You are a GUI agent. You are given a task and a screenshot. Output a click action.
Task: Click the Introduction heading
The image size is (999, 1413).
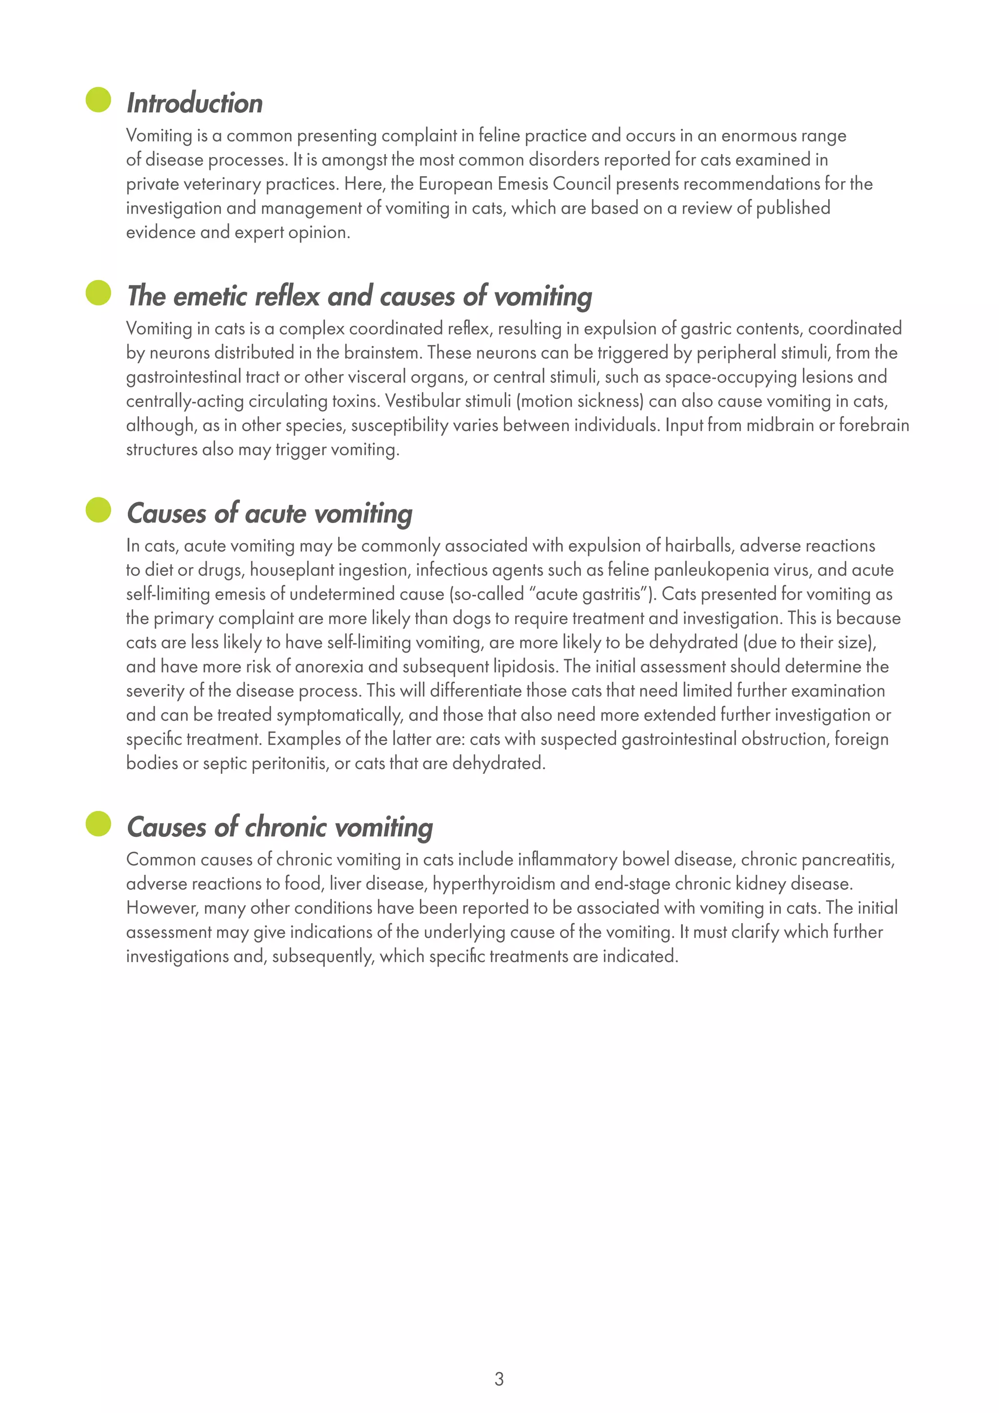pos(195,103)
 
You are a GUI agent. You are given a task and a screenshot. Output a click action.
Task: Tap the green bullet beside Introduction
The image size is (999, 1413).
pos(99,100)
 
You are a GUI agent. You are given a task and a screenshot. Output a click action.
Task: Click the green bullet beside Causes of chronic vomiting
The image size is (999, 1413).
pos(99,824)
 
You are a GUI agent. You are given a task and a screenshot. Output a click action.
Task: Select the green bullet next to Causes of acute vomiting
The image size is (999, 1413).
pos(99,509)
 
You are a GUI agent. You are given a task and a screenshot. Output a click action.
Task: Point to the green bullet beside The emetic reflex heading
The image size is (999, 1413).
pos(99,292)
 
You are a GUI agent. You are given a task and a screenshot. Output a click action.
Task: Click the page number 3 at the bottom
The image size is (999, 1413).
pos(499,1378)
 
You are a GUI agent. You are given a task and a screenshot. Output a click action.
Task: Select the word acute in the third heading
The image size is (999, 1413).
pos(275,513)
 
